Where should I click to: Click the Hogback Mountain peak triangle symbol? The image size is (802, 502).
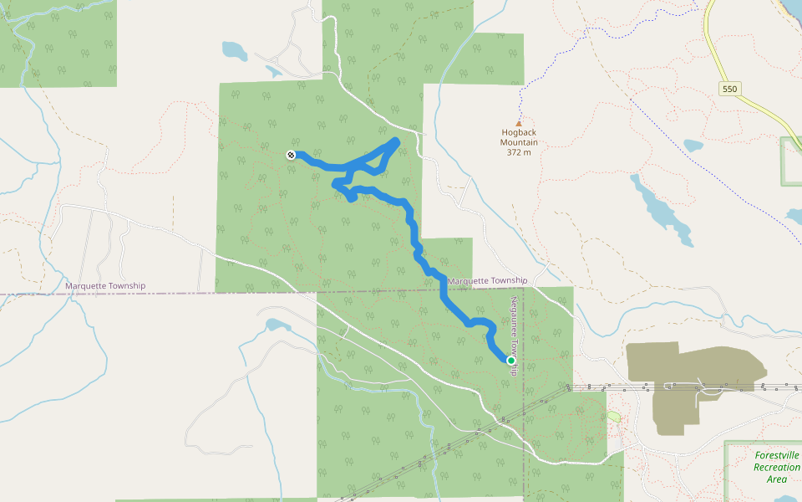tap(518, 123)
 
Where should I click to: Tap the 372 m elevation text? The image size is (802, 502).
tap(519, 152)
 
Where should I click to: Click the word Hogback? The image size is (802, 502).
tap(519, 132)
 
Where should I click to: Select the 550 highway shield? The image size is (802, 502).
tap(729, 89)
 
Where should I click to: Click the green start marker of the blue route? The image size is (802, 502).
tap(510, 361)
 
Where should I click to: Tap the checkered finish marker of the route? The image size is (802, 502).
tap(290, 154)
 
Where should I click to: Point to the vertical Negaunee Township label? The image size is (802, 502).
tap(515, 335)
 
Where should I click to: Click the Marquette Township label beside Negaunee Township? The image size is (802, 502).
tap(487, 280)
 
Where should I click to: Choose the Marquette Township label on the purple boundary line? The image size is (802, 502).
tap(105, 286)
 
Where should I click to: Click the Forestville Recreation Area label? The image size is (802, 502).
tap(776, 467)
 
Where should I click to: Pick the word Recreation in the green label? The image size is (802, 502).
tap(776, 467)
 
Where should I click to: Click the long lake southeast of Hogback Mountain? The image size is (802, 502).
tap(660, 209)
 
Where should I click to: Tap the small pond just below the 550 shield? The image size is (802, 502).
tap(693, 145)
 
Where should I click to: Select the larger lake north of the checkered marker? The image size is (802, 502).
tap(235, 51)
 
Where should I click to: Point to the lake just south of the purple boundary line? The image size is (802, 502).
tap(276, 325)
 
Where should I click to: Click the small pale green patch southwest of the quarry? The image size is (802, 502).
tap(614, 416)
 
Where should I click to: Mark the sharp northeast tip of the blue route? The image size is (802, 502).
tap(396, 140)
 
